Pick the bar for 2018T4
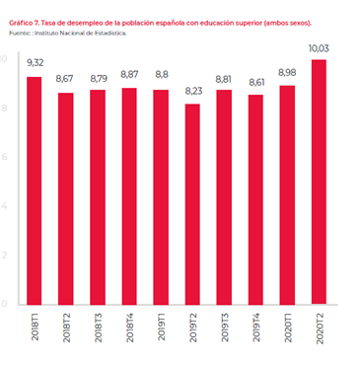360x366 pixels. point(127,196)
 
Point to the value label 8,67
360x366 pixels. point(65,78)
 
